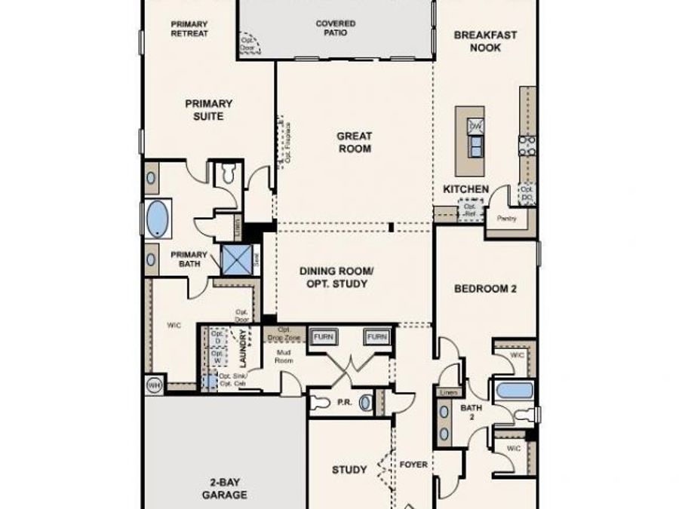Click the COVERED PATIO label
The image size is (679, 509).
(x=335, y=28)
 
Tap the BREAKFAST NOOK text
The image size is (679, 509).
(x=486, y=41)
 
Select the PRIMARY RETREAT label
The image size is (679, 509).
(x=189, y=29)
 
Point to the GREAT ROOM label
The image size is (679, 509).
(x=354, y=143)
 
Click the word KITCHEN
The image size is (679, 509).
(x=465, y=189)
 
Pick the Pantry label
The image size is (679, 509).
(x=505, y=218)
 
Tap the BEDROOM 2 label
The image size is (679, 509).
(x=484, y=288)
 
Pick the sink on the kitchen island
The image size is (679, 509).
(x=475, y=127)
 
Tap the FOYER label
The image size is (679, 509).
(x=413, y=465)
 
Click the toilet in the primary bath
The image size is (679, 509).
(x=226, y=175)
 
